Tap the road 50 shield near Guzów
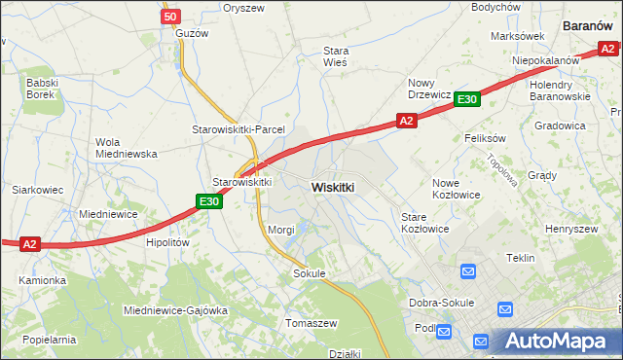pos(170,17)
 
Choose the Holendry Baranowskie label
pos(560,90)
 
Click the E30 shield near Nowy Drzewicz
pos(467,99)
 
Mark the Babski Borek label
pos(44,89)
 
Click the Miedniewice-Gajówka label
pos(175,310)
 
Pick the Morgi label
pos(280,230)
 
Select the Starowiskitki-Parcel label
pos(238,129)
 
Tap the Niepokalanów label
pos(546,59)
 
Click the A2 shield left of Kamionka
pos(30,244)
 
